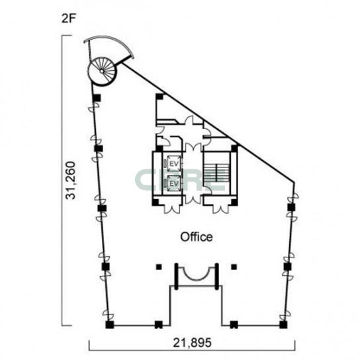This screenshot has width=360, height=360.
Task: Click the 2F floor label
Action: (68, 19)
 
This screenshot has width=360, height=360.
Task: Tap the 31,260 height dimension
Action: (70, 181)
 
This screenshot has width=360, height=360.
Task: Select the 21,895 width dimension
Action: (192, 343)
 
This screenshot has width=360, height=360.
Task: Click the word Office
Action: (197, 237)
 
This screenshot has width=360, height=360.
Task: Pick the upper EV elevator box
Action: (174, 163)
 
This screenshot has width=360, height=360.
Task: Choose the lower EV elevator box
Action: (174, 183)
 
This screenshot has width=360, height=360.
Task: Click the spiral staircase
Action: (102, 71)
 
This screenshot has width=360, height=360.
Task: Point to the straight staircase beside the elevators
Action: (216, 172)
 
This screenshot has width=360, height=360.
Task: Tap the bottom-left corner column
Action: (110, 325)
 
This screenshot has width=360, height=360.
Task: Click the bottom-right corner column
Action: (283, 325)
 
